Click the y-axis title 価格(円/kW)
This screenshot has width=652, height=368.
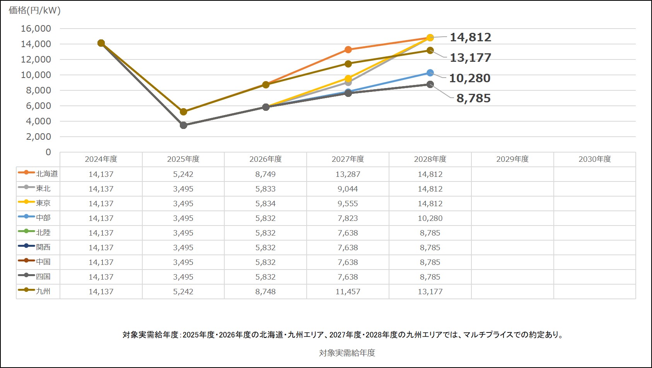[35, 10]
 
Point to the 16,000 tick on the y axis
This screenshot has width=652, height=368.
[36, 29]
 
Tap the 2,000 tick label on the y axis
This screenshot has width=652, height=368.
[38, 137]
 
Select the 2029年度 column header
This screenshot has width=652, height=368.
[512, 159]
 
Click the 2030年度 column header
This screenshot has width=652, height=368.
[595, 159]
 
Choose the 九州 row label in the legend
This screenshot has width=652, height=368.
[43, 291]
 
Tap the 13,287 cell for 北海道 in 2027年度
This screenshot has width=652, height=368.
[348, 174]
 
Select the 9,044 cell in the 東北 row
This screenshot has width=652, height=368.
[348, 189]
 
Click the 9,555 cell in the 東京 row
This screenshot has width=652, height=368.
[348, 204]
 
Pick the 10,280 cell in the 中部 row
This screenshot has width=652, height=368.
[430, 218]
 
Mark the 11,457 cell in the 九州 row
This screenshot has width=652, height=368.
[348, 292]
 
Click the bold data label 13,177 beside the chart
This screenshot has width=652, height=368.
[470, 58]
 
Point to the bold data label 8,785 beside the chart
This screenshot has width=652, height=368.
[473, 98]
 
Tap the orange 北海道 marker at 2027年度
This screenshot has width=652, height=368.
[348, 49]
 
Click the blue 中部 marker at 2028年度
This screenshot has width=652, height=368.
[430, 73]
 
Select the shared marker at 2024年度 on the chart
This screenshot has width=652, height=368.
[101, 43]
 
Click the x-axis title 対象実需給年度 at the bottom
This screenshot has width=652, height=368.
[347, 353]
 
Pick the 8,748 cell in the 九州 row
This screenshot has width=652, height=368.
[265, 292]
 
